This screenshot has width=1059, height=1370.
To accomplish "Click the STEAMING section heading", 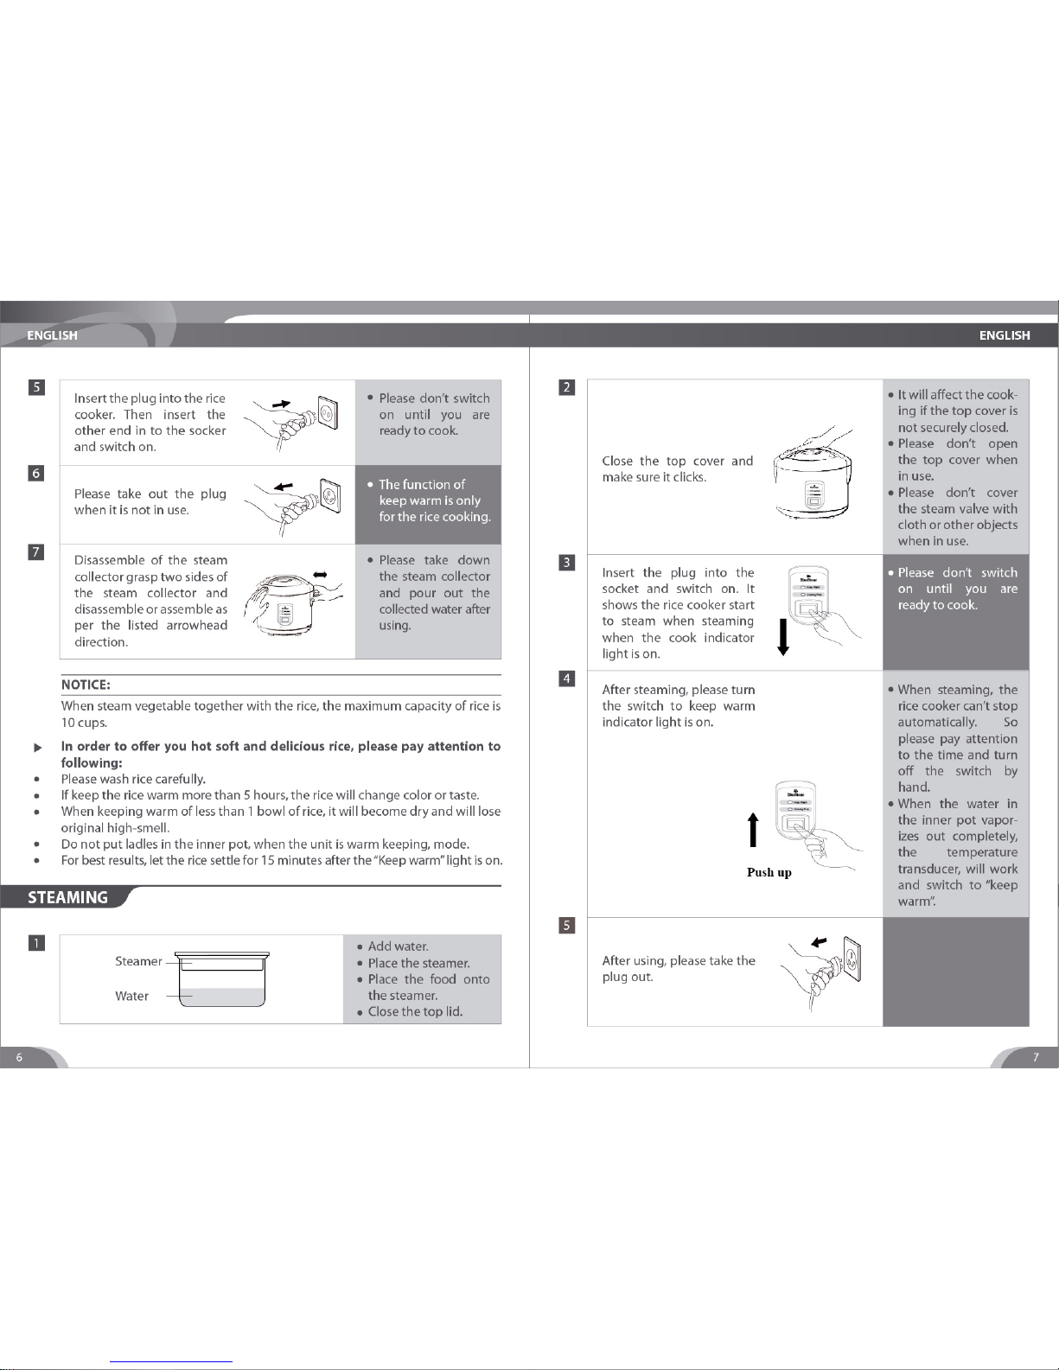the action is (67, 897).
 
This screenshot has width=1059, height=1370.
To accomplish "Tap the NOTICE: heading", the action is (86, 685).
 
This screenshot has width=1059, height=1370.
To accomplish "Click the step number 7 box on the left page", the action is (36, 551).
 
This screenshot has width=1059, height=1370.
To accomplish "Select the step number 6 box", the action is (36, 473).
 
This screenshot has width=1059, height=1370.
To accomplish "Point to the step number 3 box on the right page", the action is (567, 563).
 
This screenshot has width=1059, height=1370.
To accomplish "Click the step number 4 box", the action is (567, 679).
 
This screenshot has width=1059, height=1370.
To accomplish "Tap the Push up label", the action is (769, 872).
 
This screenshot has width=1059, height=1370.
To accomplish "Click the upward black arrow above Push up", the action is (753, 829).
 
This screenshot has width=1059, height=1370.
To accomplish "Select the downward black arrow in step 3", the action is (783, 637).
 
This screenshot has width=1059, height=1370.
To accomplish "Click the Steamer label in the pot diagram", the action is (138, 961).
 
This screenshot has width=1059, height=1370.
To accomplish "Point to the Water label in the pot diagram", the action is (131, 996).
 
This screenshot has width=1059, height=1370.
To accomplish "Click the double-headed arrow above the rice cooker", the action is (320, 574).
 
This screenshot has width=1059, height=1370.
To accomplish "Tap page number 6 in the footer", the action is (19, 1057).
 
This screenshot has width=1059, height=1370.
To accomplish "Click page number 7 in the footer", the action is (1036, 1057).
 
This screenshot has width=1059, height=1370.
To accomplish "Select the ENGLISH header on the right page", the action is (1005, 335).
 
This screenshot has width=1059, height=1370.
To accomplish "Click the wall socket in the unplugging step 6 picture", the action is (330, 495).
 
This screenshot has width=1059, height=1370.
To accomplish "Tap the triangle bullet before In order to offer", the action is (38, 747).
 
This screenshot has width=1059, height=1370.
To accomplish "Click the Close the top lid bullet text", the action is (415, 1011).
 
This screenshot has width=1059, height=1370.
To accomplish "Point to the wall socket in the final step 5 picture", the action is (852, 959).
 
